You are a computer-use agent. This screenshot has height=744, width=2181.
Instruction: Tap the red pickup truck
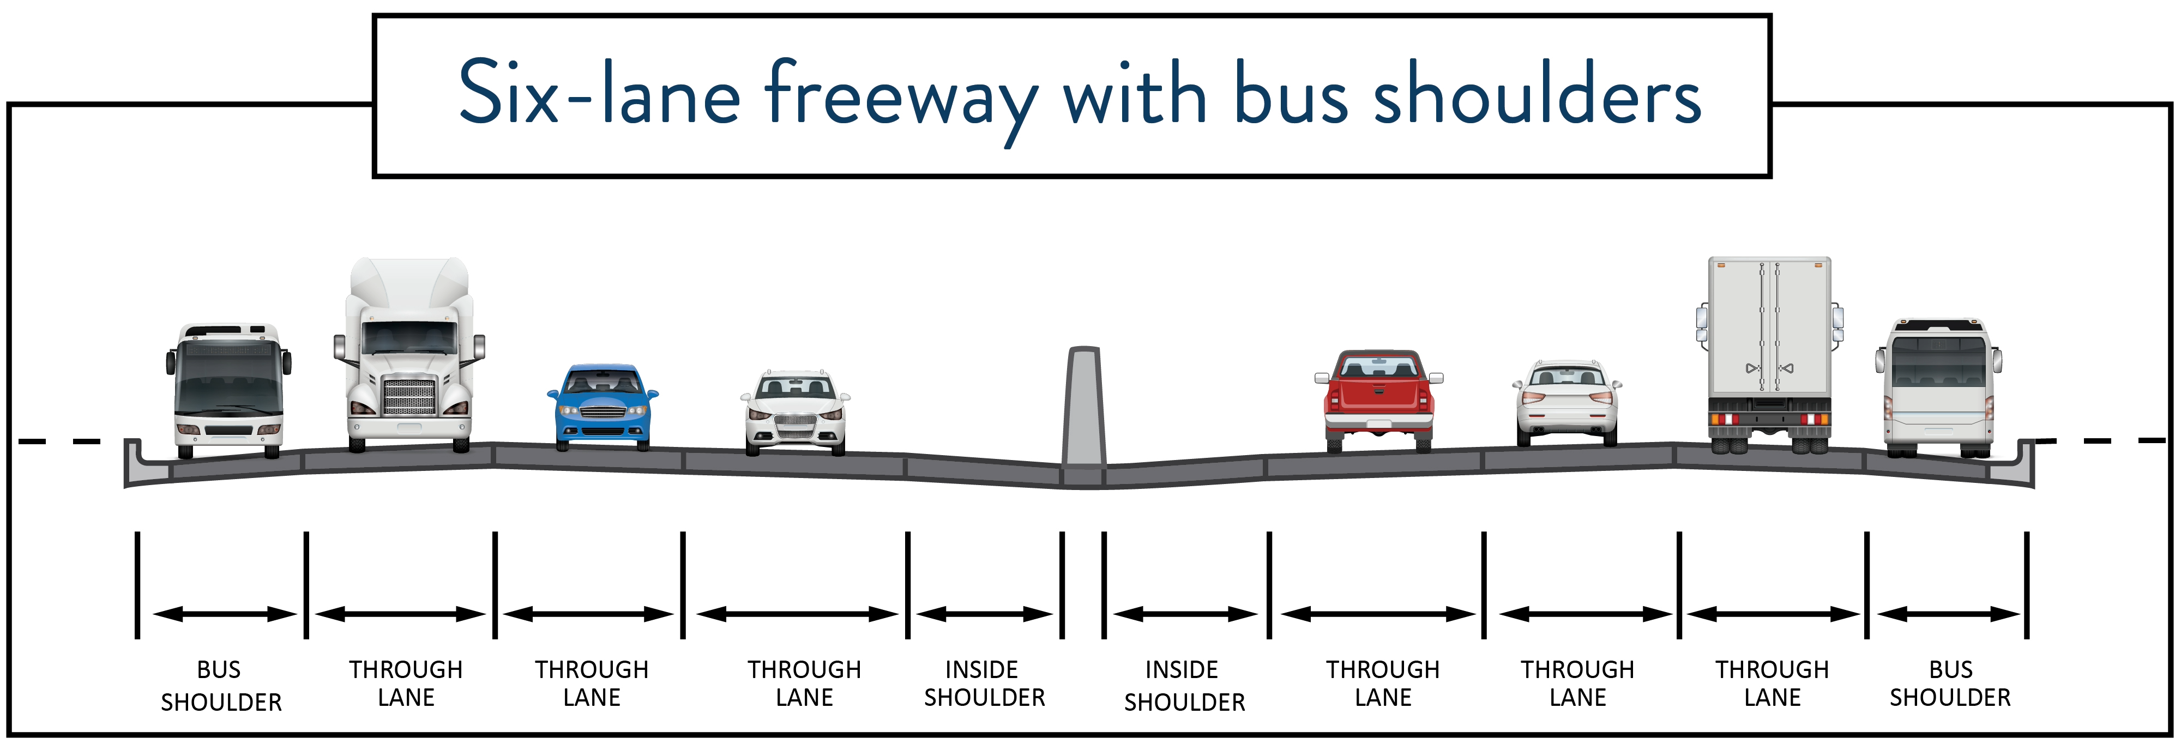(1378, 398)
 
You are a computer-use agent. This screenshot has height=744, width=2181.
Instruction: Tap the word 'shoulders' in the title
(1537, 95)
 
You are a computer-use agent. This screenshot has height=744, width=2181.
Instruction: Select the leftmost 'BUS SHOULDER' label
(221, 686)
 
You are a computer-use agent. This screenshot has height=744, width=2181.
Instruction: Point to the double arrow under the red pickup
(1377, 614)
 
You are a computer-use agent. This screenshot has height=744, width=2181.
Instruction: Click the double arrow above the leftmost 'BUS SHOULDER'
(224, 614)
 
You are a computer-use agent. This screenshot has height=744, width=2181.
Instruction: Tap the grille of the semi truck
(410, 396)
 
